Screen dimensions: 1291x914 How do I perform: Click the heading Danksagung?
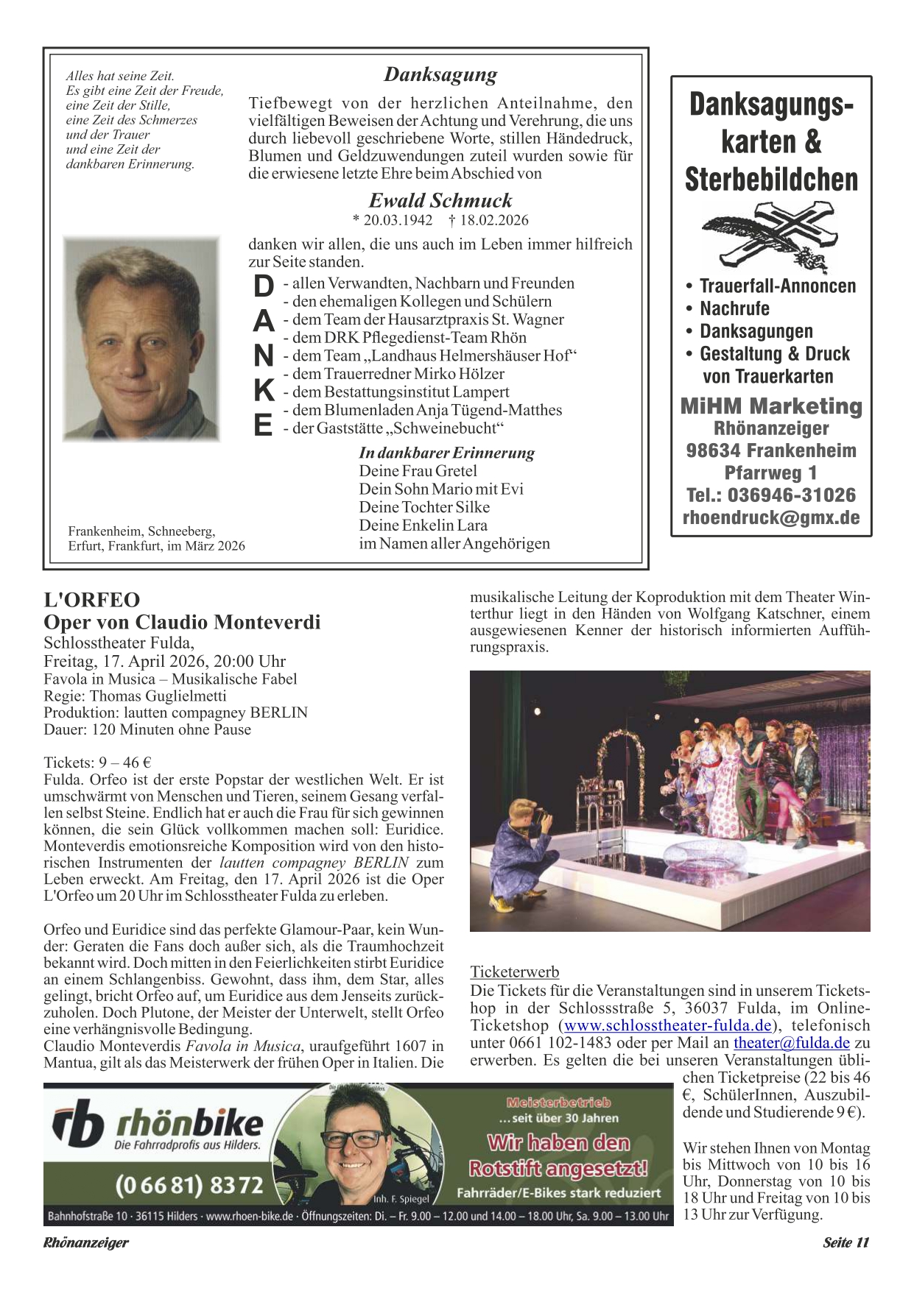440,74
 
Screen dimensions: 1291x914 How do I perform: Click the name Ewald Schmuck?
440,200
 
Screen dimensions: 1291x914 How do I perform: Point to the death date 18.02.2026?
493,220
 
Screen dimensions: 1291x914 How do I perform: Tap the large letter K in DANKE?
263,391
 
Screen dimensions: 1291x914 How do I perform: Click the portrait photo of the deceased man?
141,339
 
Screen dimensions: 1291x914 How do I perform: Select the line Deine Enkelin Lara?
423,526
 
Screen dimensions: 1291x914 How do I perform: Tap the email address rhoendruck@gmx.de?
771,517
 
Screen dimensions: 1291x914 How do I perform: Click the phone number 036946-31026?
792,495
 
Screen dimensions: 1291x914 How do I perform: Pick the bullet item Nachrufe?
734,308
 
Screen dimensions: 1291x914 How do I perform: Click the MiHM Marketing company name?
771,406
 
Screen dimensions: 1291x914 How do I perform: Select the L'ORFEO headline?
92,600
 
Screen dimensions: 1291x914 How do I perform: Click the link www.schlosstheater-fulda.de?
668,1025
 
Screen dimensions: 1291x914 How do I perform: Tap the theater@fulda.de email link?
792,1043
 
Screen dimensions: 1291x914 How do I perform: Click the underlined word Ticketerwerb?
515,972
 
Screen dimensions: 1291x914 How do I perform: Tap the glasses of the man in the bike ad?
351,1138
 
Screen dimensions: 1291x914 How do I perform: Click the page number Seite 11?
846,1242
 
